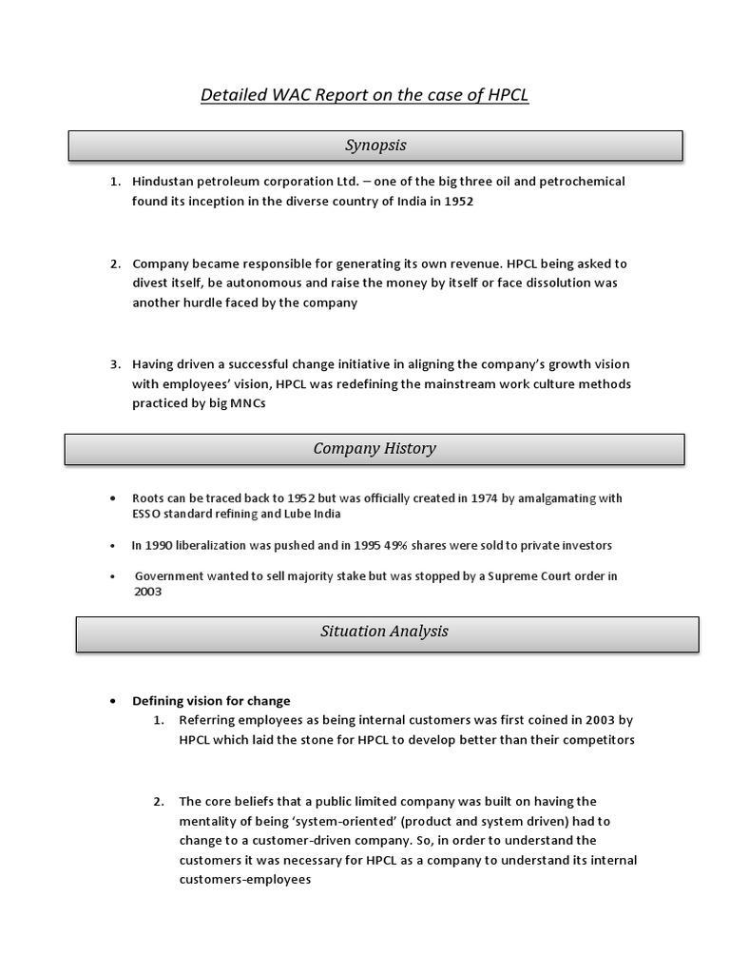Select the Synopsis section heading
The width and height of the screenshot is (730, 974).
(x=375, y=145)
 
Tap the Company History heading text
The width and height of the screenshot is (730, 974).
(x=375, y=448)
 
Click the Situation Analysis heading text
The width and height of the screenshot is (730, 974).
(x=385, y=631)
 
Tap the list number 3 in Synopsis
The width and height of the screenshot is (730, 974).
(x=114, y=364)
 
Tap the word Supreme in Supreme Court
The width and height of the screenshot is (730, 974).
(x=489, y=575)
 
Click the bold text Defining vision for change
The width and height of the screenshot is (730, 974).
(x=211, y=701)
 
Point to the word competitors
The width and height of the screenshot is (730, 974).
(x=593, y=740)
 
